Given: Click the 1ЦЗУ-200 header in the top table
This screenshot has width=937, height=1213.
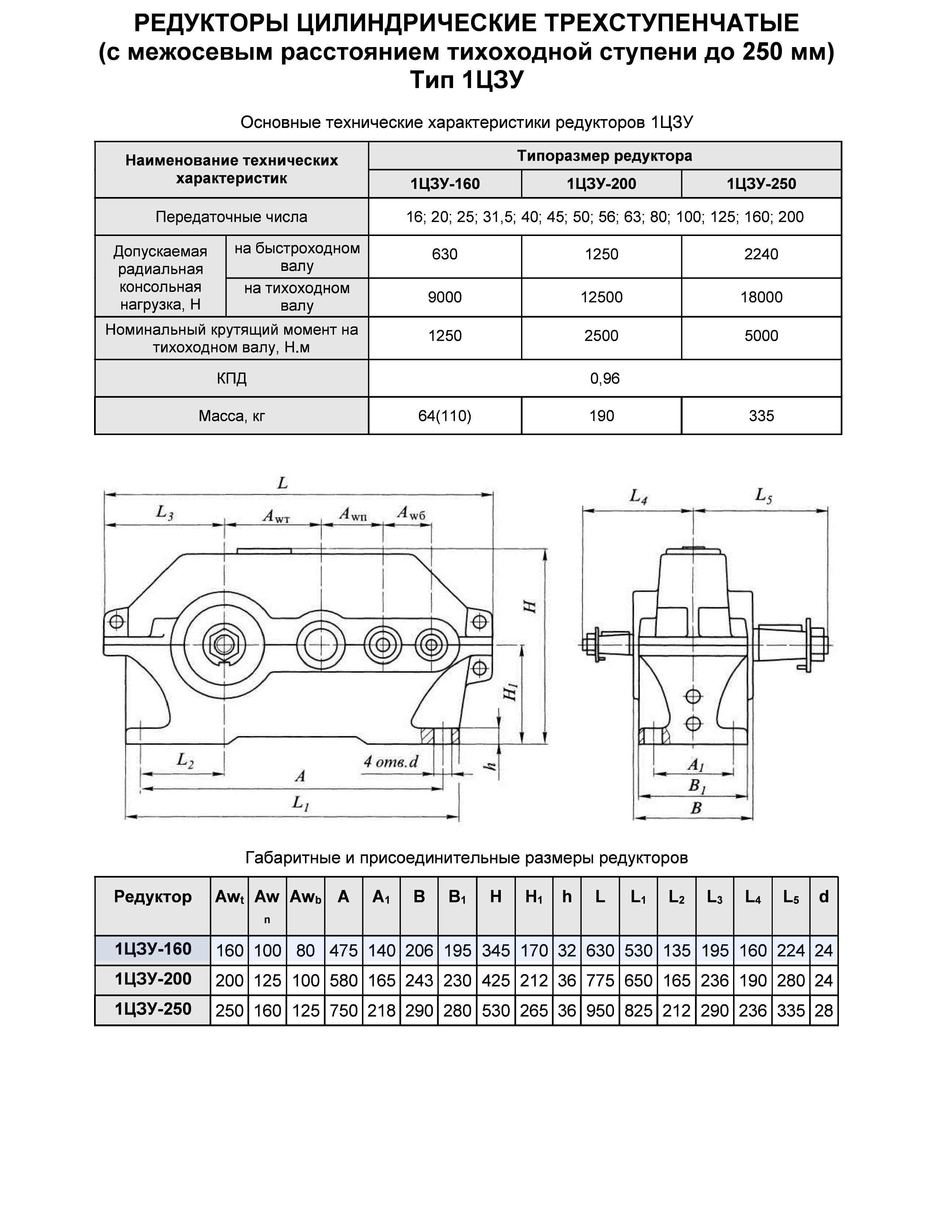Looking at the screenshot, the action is [601, 184].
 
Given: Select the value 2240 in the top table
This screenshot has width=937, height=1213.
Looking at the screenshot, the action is [761, 254].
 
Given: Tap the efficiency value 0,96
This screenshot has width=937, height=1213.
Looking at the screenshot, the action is [604, 379].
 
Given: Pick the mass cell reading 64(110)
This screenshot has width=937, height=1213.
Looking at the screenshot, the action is [445, 416].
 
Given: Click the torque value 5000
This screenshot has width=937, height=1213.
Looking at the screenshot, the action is [761, 336].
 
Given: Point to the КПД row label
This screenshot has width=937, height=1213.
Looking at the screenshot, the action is [231, 379].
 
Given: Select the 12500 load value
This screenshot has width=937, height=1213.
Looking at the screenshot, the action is [601, 297].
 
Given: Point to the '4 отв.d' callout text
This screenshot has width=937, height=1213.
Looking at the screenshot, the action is [390, 762].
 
